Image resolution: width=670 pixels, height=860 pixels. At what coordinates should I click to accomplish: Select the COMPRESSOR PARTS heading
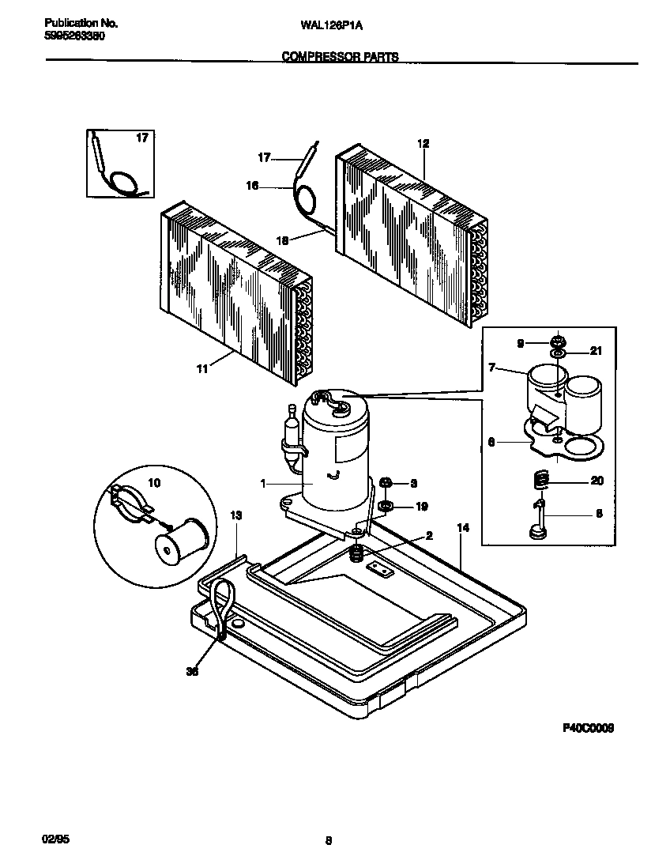click(340, 57)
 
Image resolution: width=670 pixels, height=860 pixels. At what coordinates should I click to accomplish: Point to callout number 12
click(423, 143)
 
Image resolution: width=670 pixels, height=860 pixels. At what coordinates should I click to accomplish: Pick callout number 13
click(235, 515)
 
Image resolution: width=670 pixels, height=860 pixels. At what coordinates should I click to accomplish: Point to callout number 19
click(422, 506)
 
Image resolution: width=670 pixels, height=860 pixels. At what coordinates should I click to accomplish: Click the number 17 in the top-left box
click(141, 138)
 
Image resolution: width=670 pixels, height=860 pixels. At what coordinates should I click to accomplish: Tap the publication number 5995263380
click(73, 36)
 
